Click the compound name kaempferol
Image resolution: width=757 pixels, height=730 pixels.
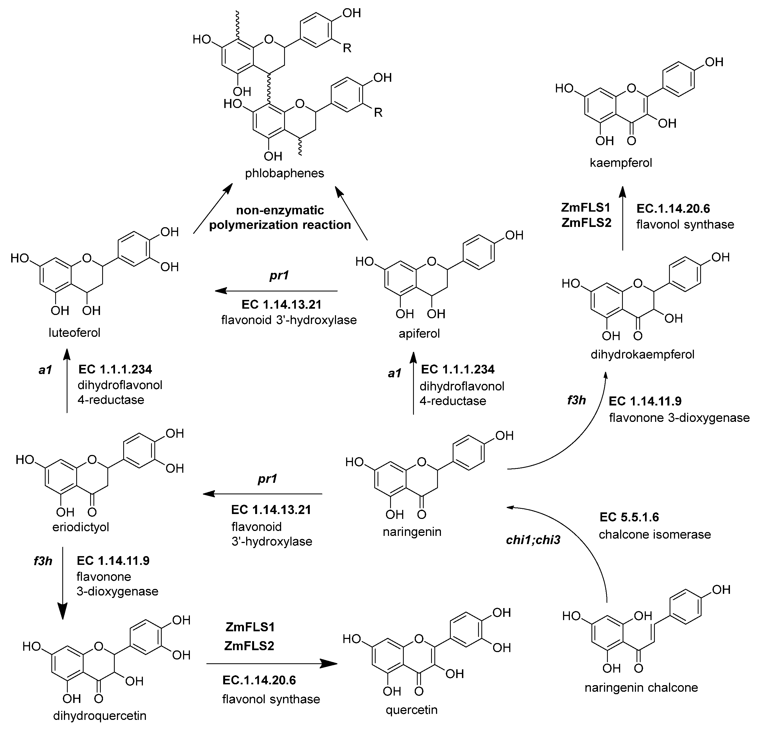tap(621, 163)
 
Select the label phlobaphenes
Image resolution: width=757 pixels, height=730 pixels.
tap(285, 173)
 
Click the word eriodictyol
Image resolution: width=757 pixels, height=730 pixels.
tap(81, 527)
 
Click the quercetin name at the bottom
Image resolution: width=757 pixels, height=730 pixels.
tap(411, 709)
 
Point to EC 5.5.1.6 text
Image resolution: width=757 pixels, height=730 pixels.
tap(629, 517)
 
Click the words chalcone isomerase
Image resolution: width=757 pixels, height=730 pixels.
tap(655, 535)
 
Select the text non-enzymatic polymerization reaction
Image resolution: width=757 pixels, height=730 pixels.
tap(280, 218)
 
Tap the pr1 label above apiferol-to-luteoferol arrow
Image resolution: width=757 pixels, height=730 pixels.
tap(279, 276)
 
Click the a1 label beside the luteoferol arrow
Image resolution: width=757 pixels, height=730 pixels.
tap(45, 370)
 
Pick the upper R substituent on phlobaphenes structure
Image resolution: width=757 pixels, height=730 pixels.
tap(347, 49)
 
